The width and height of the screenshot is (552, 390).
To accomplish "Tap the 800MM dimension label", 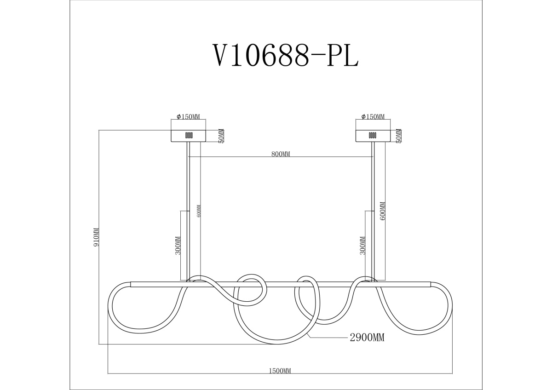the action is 281,154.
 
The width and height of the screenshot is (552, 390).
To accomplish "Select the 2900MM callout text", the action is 367,338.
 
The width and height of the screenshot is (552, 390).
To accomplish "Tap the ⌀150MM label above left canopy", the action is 188,117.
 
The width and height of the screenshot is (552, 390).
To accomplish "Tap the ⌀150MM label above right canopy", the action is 373,117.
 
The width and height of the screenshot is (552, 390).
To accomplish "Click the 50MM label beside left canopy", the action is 221,136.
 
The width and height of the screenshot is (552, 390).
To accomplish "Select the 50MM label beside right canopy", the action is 399,136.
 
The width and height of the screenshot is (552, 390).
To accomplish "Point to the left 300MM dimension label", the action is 178,246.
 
